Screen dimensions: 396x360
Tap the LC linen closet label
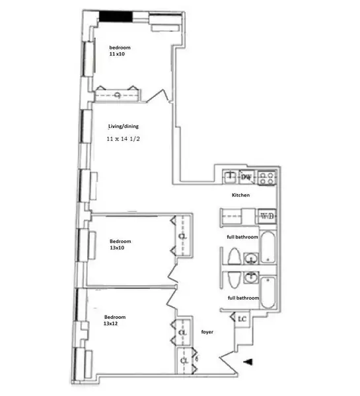[x=242, y=319]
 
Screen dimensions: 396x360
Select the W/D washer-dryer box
[x=268, y=216]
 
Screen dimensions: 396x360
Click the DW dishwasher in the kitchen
[x=246, y=177]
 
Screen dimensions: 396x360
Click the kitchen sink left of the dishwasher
[x=229, y=176]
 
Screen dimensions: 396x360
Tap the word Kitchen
[x=240, y=196]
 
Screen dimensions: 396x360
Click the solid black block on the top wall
[x=115, y=17]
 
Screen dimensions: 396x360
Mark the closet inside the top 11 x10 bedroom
[x=117, y=96]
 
